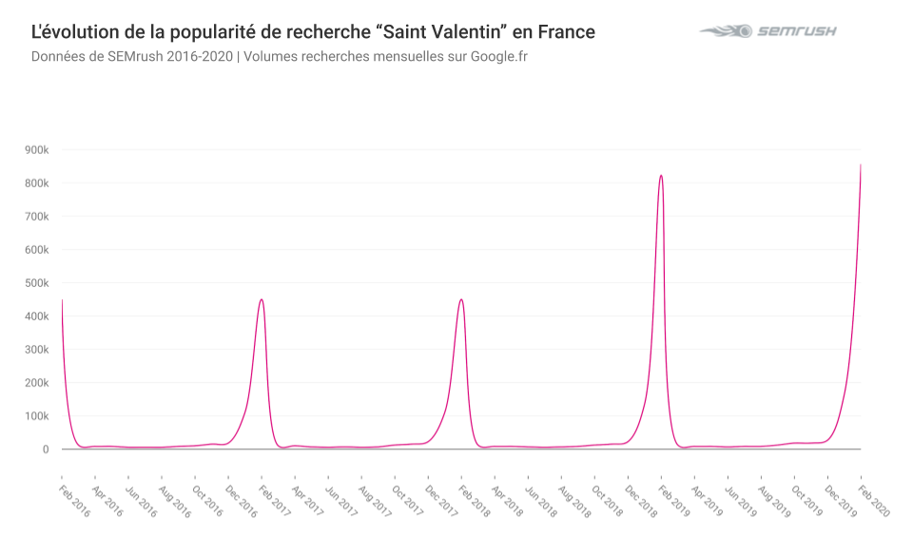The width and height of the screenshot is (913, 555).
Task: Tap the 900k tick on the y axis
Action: coord(37,150)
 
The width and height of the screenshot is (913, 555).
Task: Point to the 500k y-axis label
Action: coord(37,283)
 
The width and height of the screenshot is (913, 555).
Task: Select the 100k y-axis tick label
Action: coord(37,416)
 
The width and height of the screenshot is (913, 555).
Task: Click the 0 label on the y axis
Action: coord(45,450)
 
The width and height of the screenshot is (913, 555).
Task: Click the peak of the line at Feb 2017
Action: coord(262,299)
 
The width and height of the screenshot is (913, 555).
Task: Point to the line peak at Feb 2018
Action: coord(461,299)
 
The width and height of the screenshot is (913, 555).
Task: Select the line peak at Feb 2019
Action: coord(661,175)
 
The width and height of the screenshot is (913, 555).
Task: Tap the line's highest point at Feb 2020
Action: coord(861,164)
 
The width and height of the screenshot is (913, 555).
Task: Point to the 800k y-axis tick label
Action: coord(37,183)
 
